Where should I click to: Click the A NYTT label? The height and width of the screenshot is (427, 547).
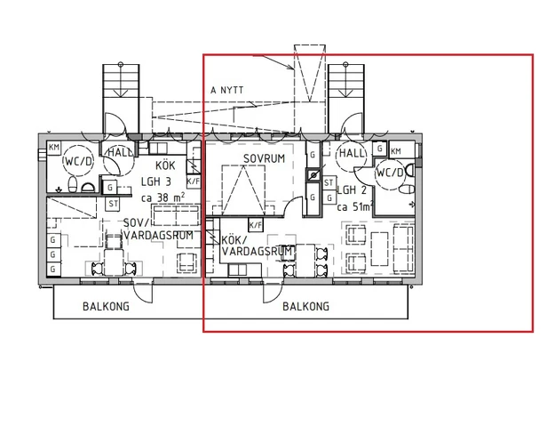(x=226, y=90)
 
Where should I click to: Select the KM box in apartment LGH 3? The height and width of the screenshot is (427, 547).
(x=54, y=148)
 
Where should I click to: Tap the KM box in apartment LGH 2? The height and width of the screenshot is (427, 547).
(x=396, y=151)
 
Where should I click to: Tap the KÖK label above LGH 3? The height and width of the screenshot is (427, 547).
(x=165, y=166)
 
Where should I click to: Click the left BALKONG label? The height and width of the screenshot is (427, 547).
(x=107, y=305)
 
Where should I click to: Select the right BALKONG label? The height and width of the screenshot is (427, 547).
(x=306, y=306)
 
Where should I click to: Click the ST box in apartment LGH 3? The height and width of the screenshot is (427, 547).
(x=114, y=204)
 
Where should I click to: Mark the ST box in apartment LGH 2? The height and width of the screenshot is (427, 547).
(x=329, y=183)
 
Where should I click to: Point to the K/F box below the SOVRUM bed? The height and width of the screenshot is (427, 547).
(x=255, y=225)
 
